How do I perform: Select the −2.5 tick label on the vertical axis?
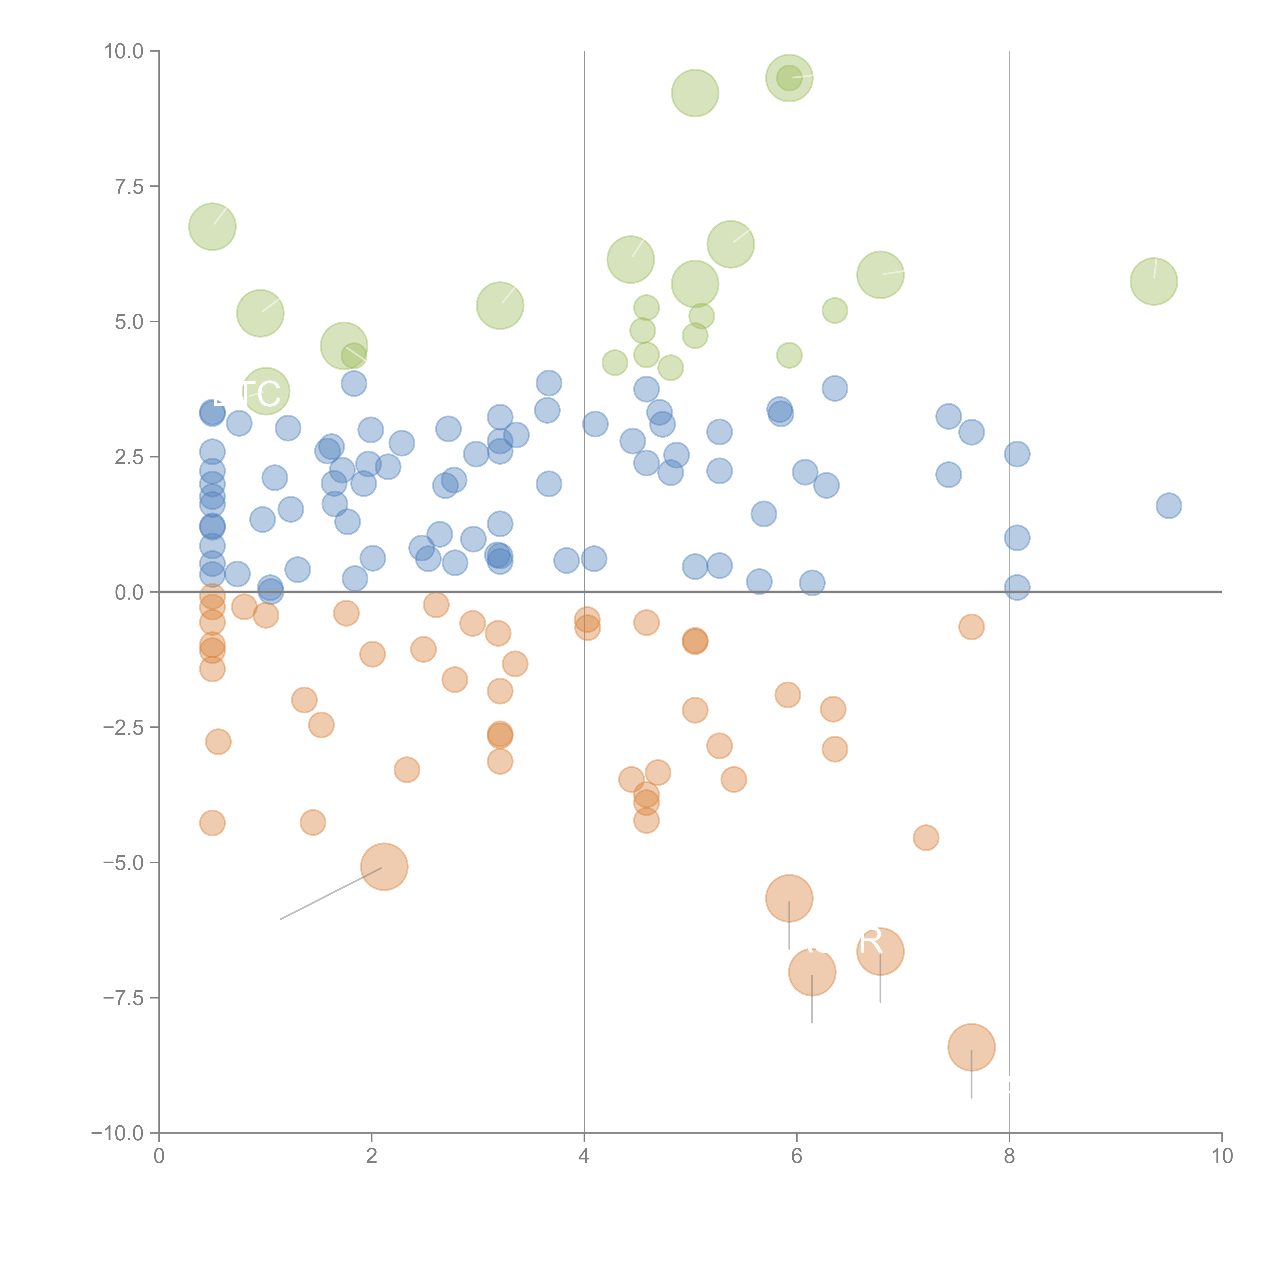click(123, 727)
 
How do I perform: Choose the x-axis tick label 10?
click(1222, 1156)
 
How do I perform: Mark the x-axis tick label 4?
click(584, 1156)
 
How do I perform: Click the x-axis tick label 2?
click(372, 1156)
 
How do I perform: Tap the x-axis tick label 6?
click(797, 1156)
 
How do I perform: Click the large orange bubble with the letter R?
click(880, 951)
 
